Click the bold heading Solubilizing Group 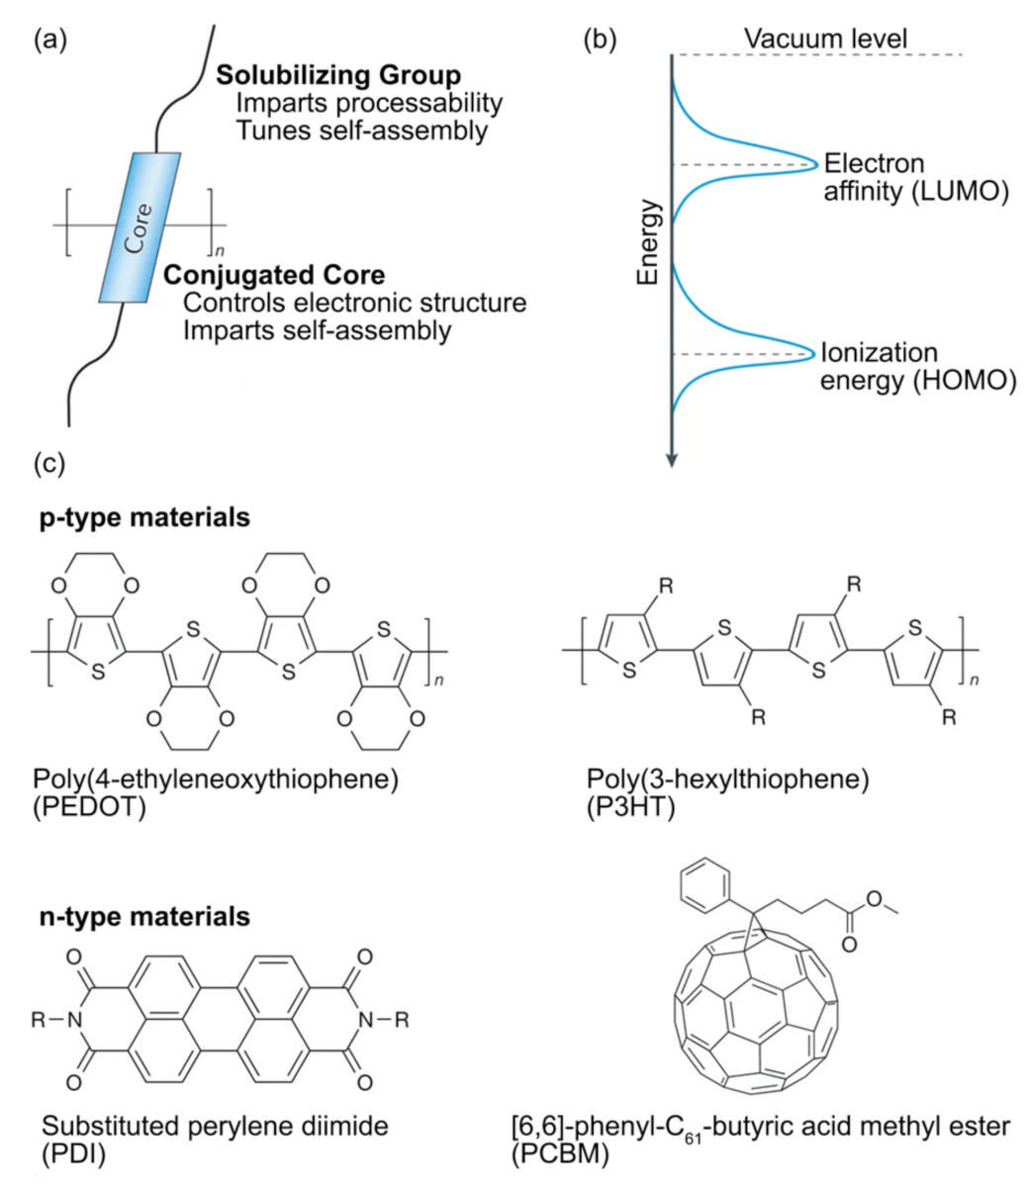pyautogui.click(x=338, y=76)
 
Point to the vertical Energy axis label pyautogui.click(x=649, y=241)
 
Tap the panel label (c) pyautogui.click(x=49, y=463)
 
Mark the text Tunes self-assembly pyautogui.click(x=362, y=130)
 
